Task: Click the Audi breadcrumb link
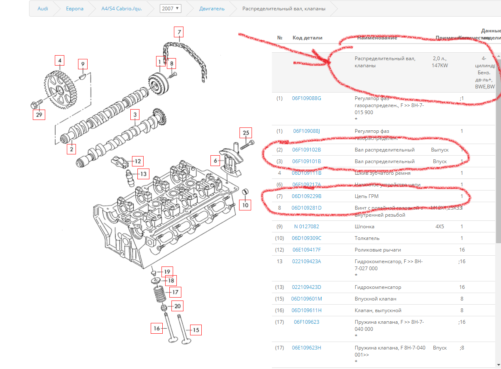point(43,8)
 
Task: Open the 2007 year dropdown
point(170,8)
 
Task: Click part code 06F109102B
point(306,150)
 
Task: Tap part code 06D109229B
point(306,196)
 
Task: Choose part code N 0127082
point(306,227)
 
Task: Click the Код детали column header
point(307,38)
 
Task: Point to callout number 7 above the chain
point(178,32)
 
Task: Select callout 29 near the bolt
point(39,115)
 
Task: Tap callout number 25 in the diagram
point(246,133)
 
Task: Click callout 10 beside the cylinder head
point(245,205)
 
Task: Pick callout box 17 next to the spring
point(175,292)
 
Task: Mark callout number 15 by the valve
point(196,330)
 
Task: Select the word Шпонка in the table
point(364,227)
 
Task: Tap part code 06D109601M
point(306,299)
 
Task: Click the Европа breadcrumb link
point(75,8)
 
